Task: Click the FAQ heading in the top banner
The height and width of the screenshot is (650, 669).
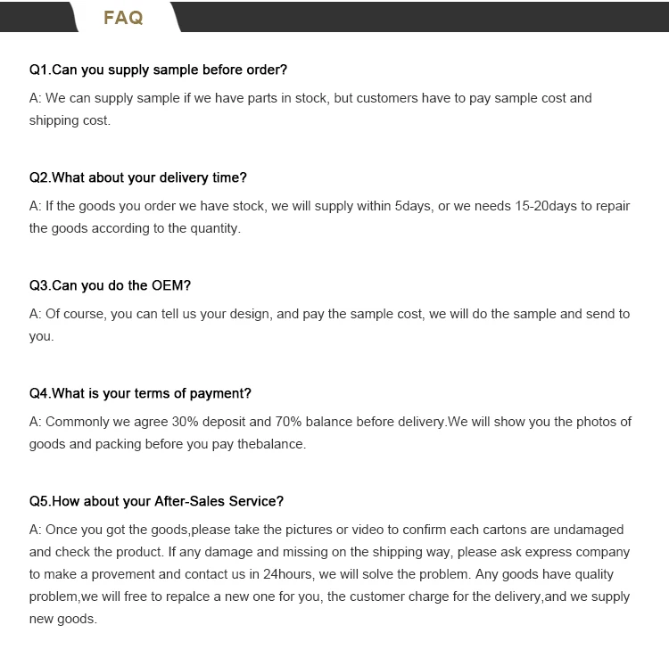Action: pos(123,18)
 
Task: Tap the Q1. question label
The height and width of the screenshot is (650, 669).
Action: pos(40,70)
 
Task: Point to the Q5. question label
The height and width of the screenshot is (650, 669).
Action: pos(40,501)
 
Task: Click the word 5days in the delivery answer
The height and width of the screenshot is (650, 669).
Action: pos(414,206)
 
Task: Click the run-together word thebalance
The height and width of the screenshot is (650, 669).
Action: pos(271,444)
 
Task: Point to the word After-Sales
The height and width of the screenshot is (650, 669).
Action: pos(190,501)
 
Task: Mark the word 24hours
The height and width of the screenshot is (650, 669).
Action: pos(287,575)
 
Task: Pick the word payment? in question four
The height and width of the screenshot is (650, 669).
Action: pos(222,393)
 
